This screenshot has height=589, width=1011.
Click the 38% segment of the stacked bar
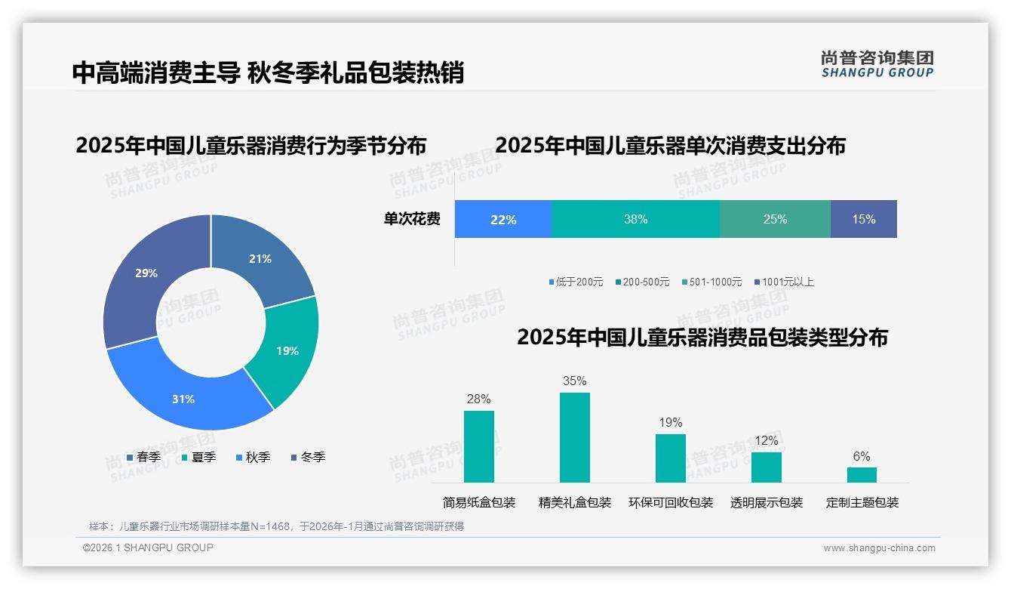(635, 219)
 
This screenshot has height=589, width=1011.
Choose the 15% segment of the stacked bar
(863, 219)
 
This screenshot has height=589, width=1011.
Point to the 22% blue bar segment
(503, 219)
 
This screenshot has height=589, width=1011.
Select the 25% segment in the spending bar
(775, 219)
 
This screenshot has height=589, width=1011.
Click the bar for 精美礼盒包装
(574, 437)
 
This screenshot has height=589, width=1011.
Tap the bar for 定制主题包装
(862, 474)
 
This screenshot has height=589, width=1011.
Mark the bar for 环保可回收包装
(670, 458)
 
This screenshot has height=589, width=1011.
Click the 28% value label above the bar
(478, 399)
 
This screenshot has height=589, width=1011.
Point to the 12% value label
(766, 440)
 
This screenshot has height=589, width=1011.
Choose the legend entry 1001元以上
(787, 282)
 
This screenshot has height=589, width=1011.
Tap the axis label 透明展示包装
(766, 502)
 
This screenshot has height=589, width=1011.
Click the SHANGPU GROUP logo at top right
(877, 64)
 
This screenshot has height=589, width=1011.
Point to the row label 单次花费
(412, 219)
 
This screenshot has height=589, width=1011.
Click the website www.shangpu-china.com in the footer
(879, 548)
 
